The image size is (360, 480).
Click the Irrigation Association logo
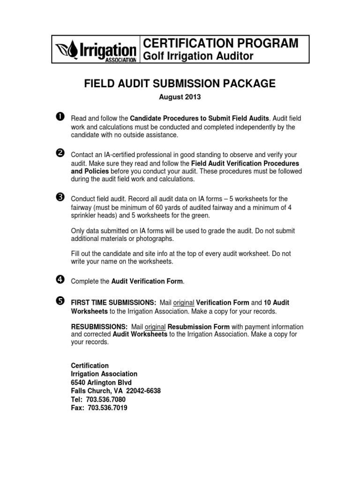(x=96, y=49)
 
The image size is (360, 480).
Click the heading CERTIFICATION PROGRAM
(x=220, y=43)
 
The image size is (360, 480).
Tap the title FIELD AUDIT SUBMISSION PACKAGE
(x=180, y=84)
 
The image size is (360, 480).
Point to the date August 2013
(x=180, y=97)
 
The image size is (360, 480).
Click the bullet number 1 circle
(x=60, y=117)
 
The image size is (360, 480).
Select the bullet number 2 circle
(x=60, y=155)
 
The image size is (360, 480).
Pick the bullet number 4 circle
(x=60, y=280)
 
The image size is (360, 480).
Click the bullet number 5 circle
(x=60, y=301)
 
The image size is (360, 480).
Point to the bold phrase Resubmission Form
(x=199, y=327)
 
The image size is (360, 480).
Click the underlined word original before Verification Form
(x=183, y=303)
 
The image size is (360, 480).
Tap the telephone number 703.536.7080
(x=106, y=399)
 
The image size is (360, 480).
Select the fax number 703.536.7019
(x=107, y=408)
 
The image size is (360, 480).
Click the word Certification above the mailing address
(x=90, y=365)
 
